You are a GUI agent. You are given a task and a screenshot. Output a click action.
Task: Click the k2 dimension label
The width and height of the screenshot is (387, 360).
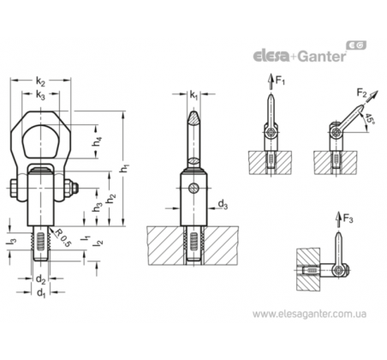click(x=40, y=82)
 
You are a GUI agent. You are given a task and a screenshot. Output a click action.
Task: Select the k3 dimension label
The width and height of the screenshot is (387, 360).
click(x=40, y=95)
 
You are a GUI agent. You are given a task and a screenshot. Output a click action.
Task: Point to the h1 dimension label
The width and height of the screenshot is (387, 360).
click(x=124, y=168)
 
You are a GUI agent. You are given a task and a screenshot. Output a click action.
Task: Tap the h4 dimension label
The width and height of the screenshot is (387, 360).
click(x=98, y=141)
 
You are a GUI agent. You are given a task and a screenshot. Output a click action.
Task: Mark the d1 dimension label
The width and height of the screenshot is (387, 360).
click(x=41, y=292)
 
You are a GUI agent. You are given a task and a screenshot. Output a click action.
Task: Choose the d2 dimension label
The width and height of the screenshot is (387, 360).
click(x=41, y=279)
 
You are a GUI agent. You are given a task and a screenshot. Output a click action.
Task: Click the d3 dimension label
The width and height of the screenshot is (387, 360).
click(x=223, y=205)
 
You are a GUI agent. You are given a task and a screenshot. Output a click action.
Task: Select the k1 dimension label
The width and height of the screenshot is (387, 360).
click(x=193, y=94)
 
